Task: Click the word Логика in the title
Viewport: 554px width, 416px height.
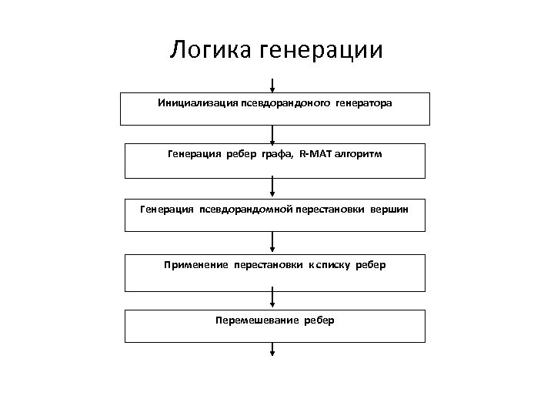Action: point(212,50)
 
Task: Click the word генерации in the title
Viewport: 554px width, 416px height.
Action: point(322,52)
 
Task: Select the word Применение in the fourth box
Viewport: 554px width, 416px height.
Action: point(196,265)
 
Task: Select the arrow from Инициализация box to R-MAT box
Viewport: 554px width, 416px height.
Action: point(273,135)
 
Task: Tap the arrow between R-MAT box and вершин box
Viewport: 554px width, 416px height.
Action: point(273,186)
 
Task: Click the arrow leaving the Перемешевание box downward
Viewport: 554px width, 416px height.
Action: point(273,350)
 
